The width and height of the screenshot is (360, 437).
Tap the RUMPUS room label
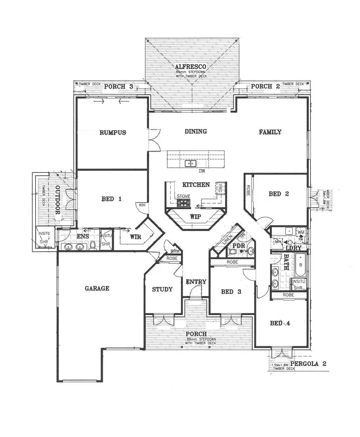(112, 133)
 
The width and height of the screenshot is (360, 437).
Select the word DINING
(196, 131)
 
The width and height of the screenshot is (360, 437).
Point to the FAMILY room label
(270, 132)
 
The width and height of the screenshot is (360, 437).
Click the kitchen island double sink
(191, 163)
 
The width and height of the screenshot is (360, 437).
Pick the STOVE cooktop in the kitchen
(183, 203)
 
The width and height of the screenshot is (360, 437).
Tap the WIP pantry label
(196, 217)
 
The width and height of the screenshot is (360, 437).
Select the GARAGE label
(97, 288)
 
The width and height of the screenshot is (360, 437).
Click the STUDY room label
(162, 289)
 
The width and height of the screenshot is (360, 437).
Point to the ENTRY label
(196, 282)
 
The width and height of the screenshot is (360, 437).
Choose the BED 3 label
(231, 291)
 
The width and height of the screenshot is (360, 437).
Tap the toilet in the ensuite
(92, 245)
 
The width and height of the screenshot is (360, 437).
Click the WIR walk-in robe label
(135, 237)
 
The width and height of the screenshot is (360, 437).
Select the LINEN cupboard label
(227, 240)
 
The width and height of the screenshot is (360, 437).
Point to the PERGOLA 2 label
(308, 364)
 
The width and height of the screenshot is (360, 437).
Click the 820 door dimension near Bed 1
(142, 205)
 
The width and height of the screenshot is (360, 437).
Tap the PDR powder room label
(239, 245)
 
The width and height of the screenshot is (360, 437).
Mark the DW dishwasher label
(201, 171)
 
